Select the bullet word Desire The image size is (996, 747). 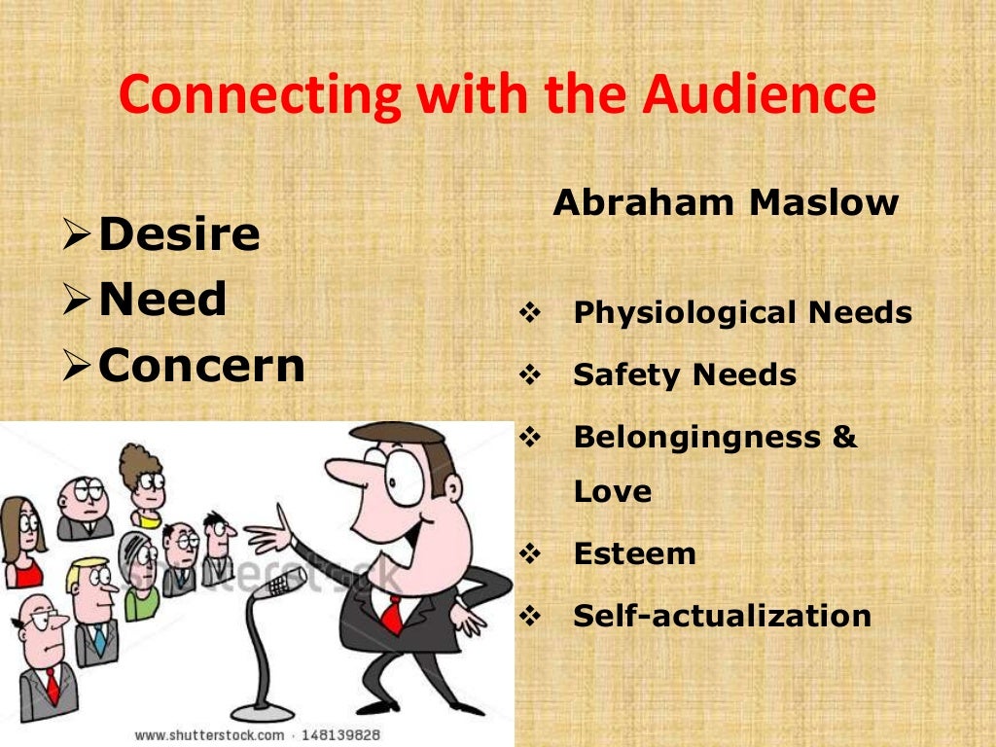(x=179, y=234)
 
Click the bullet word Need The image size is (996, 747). (x=162, y=299)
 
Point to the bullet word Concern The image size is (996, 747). (x=201, y=365)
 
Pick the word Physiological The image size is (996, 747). (x=684, y=313)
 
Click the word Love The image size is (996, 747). (x=612, y=491)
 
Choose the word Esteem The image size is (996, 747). (x=634, y=553)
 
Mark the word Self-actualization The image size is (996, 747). (x=722, y=616)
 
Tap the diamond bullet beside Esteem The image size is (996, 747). (x=530, y=554)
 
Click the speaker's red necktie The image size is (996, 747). (x=391, y=612)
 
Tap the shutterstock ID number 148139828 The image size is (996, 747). (x=339, y=735)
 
